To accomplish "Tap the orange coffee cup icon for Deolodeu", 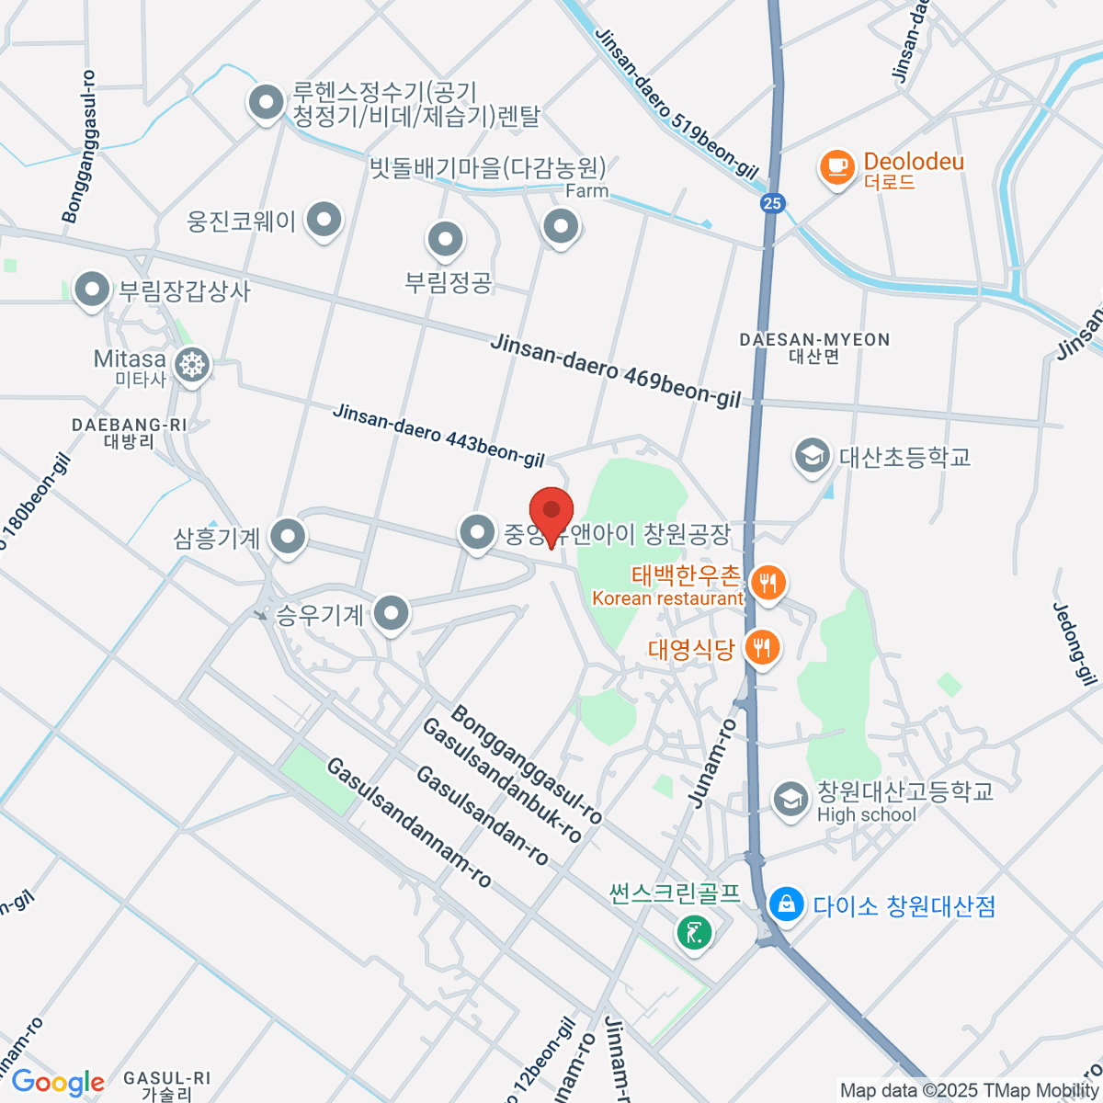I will pyautogui.click(x=836, y=167).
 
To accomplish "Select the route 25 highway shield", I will pyautogui.click(x=773, y=204).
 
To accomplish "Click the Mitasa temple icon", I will pyautogui.click(x=192, y=365).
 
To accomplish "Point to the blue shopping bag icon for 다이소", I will pyautogui.click(x=787, y=904).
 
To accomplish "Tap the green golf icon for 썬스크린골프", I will pyautogui.click(x=694, y=932).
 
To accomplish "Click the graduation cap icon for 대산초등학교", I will pyautogui.click(x=813, y=455).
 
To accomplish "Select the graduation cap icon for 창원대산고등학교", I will pyautogui.click(x=790, y=799).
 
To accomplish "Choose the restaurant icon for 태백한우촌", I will pyautogui.click(x=768, y=582).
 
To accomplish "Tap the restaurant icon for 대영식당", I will pyautogui.click(x=761, y=648).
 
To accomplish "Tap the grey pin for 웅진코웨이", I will pyautogui.click(x=323, y=220).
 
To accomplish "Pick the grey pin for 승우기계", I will pyautogui.click(x=392, y=613).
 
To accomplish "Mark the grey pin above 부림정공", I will pyautogui.click(x=446, y=239).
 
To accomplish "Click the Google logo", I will pyautogui.click(x=57, y=1082).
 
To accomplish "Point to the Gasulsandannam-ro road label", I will pyautogui.click(x=409, y=824).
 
